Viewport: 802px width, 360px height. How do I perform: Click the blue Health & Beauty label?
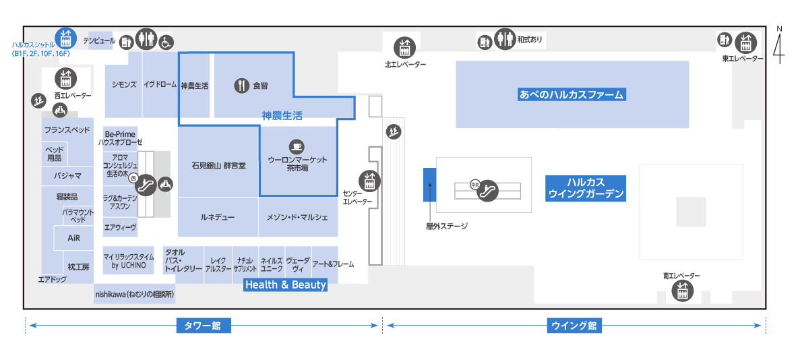click(285, 284)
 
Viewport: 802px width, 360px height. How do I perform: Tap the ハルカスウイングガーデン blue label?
click(586, 187)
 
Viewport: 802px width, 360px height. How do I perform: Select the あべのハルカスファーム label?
click(572, 94)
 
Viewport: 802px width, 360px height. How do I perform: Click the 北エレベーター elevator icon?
click(404, 48)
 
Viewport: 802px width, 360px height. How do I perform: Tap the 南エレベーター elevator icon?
click(681, 292)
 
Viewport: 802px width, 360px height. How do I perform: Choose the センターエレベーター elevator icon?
click(369, 179)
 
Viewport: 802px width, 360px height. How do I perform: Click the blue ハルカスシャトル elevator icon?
click(65, 37)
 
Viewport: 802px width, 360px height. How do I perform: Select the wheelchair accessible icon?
click(166, 42)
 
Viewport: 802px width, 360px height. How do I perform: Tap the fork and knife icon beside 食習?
click(241, 86)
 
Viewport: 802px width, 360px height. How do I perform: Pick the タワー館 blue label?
click(204, 325)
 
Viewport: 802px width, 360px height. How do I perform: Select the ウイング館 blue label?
click(574, 325)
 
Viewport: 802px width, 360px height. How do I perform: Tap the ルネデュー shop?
click(218, 217)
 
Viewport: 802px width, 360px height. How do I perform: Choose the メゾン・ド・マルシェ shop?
click(298, 217)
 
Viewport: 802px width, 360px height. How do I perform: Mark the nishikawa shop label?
click(135, 294)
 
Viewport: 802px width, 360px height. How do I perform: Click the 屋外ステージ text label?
click(447, 226)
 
